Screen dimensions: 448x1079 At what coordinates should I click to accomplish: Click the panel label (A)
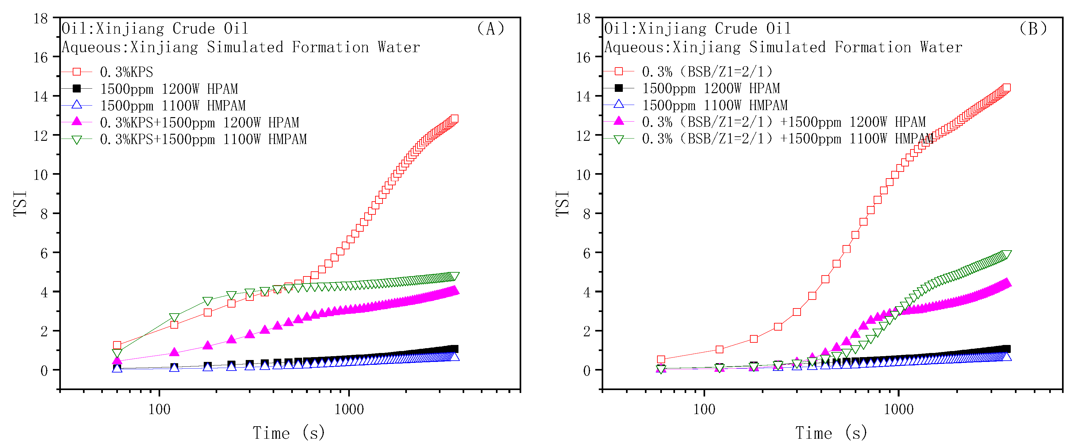pos(490,28)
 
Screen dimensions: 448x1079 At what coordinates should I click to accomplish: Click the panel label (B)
pos(1033,28)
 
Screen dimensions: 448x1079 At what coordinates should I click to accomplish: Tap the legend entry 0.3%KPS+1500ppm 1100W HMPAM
pos(203,139)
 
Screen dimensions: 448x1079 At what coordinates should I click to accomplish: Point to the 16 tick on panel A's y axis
pos(41,57)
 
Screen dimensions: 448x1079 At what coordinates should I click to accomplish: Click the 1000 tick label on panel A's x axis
pos(349,409)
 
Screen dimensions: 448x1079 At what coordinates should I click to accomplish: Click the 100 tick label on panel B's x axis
pos(704,409)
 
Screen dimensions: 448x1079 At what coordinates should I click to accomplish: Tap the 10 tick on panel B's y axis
pos(583,174)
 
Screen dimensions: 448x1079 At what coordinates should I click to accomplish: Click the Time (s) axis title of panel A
pos(289,433)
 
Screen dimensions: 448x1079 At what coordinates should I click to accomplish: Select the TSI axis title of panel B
pos(563,204)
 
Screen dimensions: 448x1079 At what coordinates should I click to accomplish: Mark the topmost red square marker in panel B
pos(1007,88)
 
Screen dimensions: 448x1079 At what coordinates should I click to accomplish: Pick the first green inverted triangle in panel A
pos(117,353)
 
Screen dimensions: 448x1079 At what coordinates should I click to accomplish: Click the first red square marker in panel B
pos(661,359)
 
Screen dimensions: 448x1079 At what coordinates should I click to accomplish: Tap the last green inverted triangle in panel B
pos(1007,255)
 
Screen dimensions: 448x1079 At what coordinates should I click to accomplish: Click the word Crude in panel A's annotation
pos(194,28)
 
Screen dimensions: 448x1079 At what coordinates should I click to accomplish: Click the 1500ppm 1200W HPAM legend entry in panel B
pos(711,88)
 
